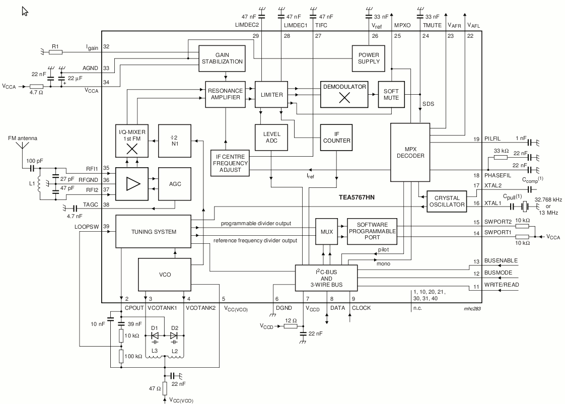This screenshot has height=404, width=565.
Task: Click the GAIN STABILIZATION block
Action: (222, 58)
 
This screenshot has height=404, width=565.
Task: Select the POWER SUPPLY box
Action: (369, 58)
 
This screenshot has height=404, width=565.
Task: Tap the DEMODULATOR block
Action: (344, 94)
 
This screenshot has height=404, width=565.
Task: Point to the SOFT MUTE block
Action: (391, 94)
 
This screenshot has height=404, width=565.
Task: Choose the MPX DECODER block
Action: (410, 153)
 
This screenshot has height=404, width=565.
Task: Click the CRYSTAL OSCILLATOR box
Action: (447, 201)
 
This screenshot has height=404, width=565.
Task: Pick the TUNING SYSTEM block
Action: (154, 232)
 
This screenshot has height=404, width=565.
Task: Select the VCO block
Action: (165, 275)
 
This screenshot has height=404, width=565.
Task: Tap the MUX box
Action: (326, 231)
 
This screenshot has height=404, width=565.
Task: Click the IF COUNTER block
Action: (336, 138)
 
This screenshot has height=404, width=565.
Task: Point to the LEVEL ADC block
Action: (271, 138)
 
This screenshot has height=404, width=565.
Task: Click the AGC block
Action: (175, 184)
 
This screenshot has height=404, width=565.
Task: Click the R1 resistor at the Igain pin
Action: (55, 52)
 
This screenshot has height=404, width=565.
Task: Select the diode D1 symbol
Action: (155, 335)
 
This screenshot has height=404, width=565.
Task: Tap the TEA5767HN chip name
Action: (357, 197)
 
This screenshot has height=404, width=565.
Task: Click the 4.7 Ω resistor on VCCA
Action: (36, 87)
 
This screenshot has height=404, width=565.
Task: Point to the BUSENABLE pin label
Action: (501, 260)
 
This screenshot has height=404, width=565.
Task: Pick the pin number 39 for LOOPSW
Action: (106, 227)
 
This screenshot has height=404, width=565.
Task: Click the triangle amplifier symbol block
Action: (132, 184)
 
